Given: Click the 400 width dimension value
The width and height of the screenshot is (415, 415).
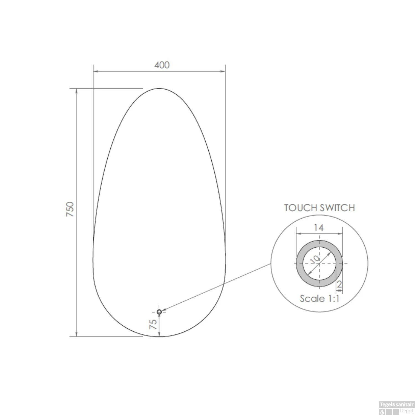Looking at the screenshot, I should coord(162,65).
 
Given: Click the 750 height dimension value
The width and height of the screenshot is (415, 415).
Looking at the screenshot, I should coord(70,209).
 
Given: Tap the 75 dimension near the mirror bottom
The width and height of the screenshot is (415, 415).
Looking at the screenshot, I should coord(153,324).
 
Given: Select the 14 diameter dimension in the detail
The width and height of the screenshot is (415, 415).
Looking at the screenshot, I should coord(318,228).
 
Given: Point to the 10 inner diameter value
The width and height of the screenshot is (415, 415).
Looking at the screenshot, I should coord(315,259).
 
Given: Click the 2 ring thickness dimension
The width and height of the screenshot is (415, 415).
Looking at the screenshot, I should coord(339,284).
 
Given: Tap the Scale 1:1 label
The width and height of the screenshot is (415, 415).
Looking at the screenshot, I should coord(320,299).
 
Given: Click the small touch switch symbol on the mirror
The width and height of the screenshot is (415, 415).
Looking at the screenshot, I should coord(159,312).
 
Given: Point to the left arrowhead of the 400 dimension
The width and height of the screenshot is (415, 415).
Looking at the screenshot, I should coord(96,71).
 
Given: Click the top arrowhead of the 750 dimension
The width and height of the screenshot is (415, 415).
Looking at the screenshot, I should coord(77,91).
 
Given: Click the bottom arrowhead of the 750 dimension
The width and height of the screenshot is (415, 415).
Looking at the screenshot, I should coord(77,334).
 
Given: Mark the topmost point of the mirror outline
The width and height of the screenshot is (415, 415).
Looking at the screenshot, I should coord(159,89).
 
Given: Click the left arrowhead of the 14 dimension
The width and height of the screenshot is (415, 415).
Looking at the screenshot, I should coord(298,234).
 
